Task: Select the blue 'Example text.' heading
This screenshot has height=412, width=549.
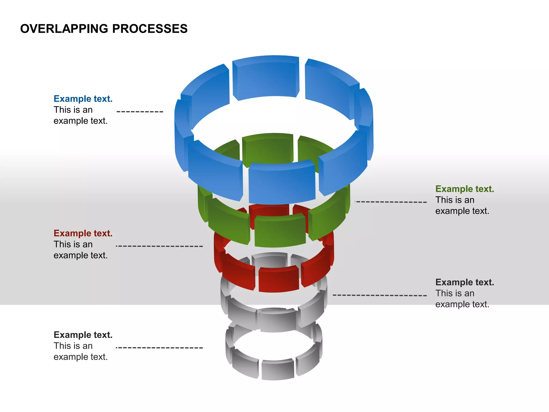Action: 83,99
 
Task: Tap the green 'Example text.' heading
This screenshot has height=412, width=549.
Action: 464,189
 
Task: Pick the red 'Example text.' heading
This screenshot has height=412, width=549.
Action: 83,233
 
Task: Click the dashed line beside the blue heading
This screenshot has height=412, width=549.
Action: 140,112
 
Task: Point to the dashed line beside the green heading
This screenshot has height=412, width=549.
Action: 391,202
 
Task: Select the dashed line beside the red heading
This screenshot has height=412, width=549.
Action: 159,246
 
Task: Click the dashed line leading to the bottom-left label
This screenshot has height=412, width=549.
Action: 159,348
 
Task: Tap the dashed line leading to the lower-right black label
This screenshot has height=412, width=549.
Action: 380,295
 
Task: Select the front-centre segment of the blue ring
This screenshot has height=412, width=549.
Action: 281,184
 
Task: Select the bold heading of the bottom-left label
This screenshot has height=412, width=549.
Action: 83,335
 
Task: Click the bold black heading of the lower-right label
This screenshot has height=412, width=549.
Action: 464,282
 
